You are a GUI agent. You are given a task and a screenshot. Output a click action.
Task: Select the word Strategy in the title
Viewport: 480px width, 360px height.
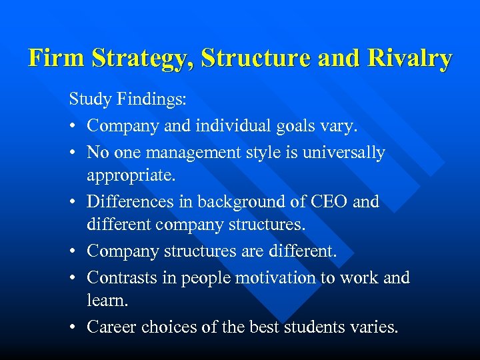point(137,59)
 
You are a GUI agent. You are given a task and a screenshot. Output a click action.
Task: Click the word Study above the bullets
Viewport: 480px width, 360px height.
point(91,100)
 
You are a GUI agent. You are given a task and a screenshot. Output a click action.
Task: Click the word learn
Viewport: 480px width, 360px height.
point(107,301)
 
